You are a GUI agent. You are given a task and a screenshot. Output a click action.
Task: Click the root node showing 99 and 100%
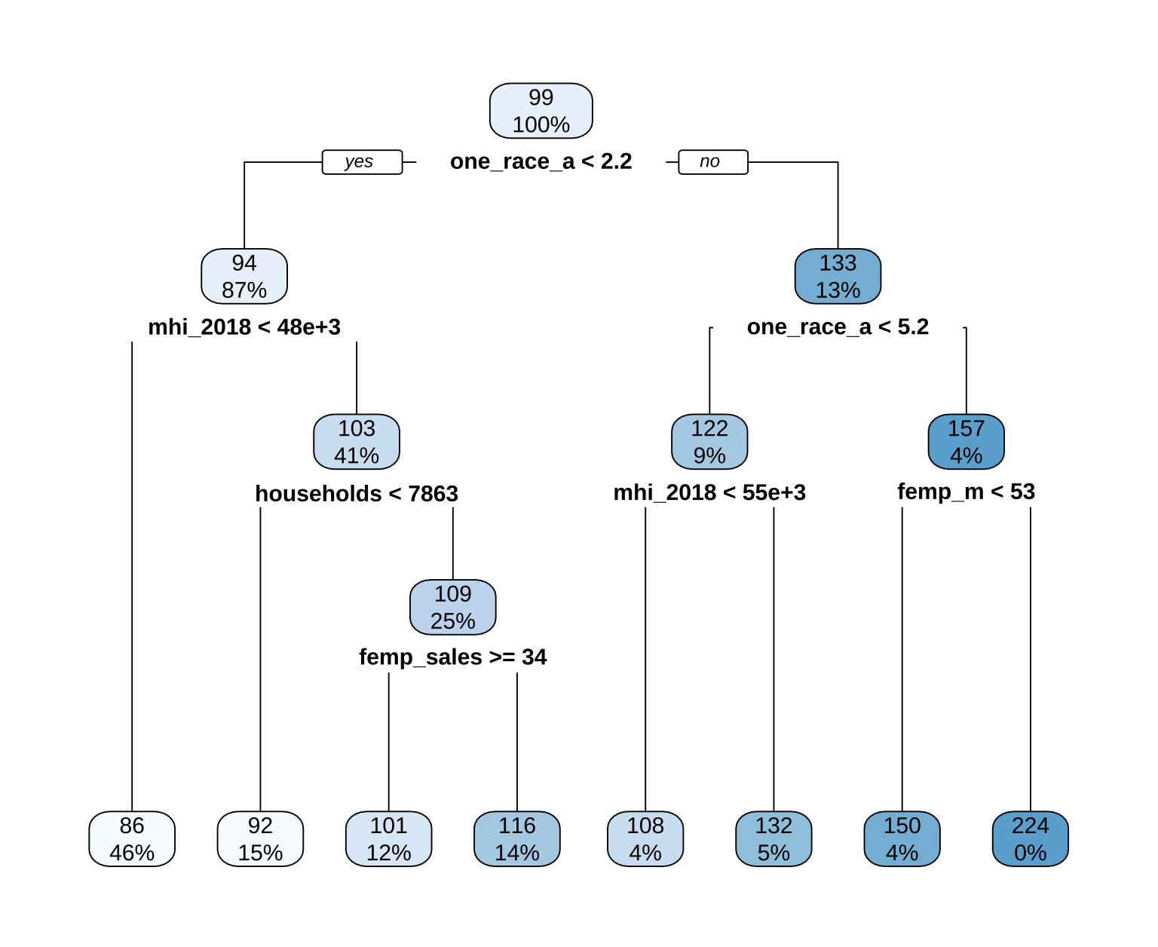(x=541, y=111)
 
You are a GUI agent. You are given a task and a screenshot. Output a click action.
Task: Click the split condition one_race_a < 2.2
(x=541, y=162)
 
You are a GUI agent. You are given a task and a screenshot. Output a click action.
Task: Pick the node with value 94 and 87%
(x=244, y=276)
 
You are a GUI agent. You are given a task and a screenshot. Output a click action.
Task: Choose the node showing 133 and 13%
(x=838, y=276)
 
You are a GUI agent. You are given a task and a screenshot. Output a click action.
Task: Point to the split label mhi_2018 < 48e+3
(x=244, y=327)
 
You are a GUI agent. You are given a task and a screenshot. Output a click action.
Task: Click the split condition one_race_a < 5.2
(x=838, y=327)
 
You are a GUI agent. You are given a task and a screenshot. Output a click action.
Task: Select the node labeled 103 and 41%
(x=357, y=442)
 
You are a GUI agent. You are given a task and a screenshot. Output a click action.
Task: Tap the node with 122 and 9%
(x=709, y=442)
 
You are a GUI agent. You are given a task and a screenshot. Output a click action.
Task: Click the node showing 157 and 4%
(x=966, y=442)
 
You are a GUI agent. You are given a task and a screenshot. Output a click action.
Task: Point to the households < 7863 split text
(x=357, y=494)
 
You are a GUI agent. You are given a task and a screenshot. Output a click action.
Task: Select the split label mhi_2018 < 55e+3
(x=709, y=493)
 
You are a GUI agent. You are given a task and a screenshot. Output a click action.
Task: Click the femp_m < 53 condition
(x=966, y=492)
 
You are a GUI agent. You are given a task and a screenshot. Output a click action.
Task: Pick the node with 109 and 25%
(x=453, y=607)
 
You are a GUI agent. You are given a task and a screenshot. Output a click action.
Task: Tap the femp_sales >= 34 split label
(x=453, y=657)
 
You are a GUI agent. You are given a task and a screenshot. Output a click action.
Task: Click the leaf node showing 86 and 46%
(x=132, y=839)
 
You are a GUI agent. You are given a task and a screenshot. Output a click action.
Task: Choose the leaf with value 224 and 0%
(x=1030, y=839)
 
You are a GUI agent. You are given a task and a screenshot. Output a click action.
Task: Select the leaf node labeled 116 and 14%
(x=517, y=839)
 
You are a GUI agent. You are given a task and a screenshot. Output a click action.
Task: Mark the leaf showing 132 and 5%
(x=774, y=839)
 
